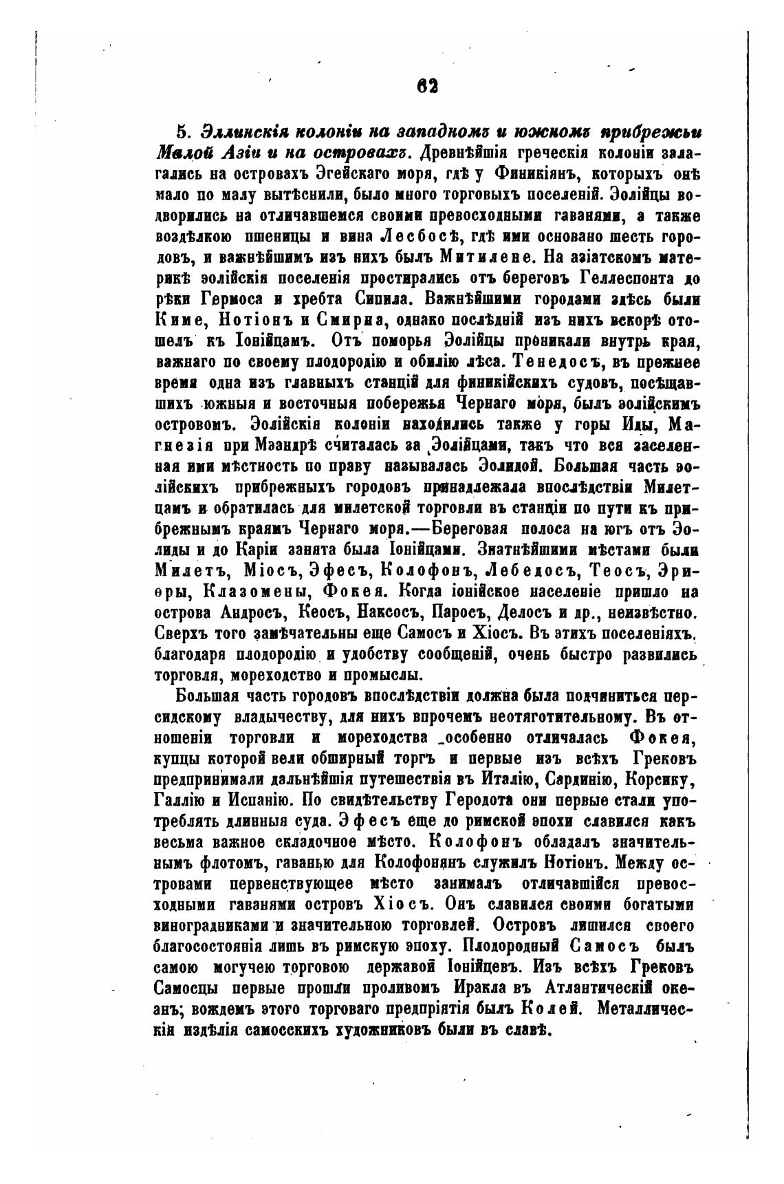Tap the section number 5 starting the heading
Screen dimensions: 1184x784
tap(181, 131)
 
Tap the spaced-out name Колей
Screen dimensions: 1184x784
tap(552, 1009)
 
